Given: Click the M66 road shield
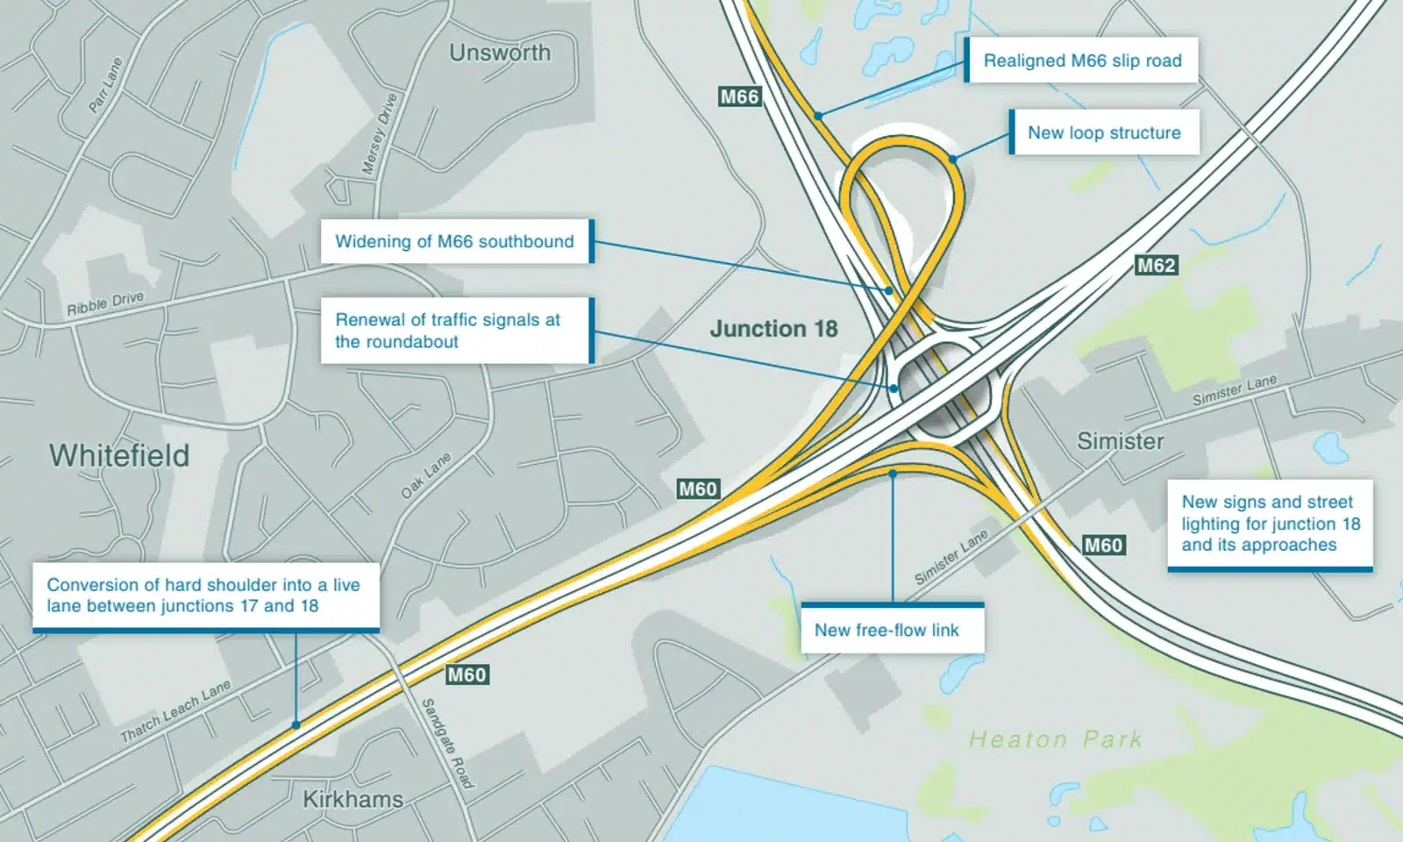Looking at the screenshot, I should tap(739, 96).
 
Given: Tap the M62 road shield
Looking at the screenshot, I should tap(1156, 265).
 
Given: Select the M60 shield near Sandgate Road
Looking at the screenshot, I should tap(466, 674).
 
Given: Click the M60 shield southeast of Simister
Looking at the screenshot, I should tap(1103, 545).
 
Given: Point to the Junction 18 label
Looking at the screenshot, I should tap(773, 329).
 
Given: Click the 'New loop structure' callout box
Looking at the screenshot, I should tap(1104, 132).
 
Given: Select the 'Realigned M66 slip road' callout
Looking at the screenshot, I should tap(1082, 61).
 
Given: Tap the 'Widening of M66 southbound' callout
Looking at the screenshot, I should tap(455, 241).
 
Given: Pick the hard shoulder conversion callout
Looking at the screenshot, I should tap(204, 596).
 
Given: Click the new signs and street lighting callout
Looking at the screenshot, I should tap(1270, 524).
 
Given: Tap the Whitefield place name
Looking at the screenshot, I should tap(119, 455).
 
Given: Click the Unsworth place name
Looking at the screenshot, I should tap(500, 53).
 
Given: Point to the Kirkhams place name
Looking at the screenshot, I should tap(353, 799).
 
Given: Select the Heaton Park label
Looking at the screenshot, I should tap(1056, 739).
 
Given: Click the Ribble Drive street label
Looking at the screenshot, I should tap(105, 303).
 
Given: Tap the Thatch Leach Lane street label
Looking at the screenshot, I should tap(175, 710).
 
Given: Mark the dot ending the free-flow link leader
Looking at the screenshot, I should tap(893, 474).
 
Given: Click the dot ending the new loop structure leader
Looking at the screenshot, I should tap(952, 160).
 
